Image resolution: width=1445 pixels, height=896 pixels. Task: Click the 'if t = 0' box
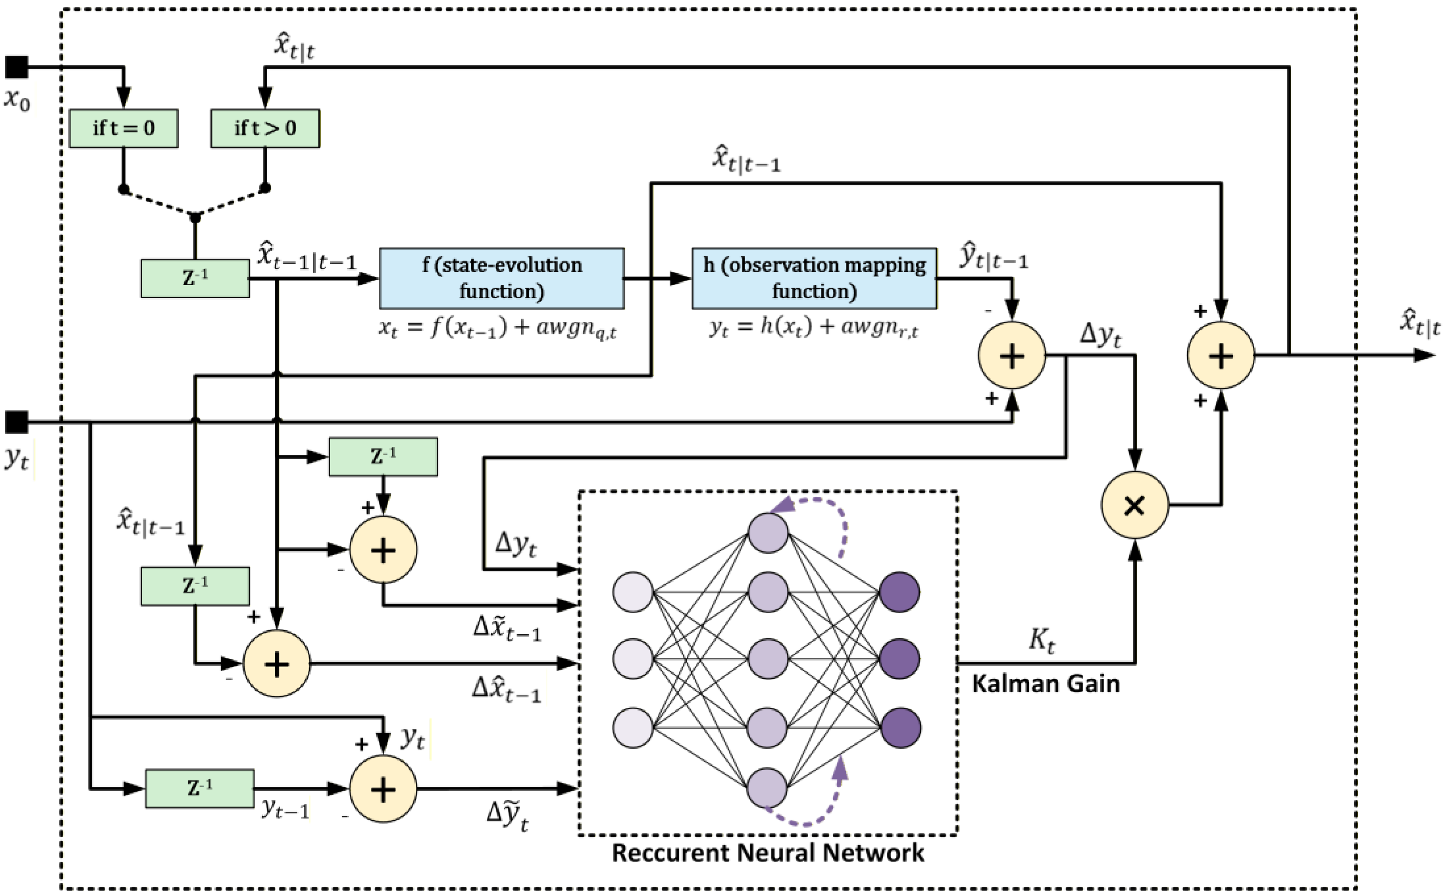click(123, 128)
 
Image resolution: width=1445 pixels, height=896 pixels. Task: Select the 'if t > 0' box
click(265, 128)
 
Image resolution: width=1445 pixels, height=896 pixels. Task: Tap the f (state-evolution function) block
click(501, 278)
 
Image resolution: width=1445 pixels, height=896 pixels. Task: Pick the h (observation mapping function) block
click(814, 278)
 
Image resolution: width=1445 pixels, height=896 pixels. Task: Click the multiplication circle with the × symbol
click(1134, 505)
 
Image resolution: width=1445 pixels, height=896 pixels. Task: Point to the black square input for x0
click(17, 67)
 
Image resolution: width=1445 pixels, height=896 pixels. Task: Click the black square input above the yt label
click(17, 422)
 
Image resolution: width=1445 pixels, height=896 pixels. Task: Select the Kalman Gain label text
click(1045, 683)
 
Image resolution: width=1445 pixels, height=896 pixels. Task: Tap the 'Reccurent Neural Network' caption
click(767, 853)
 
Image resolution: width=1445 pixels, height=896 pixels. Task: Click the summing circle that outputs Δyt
click(1011, 356)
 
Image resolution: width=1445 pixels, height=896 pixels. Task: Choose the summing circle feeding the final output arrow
click(1220, 356)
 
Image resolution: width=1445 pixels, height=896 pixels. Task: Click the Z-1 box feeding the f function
click(195, 278)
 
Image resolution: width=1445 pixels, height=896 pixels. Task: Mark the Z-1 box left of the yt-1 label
click(200, 788)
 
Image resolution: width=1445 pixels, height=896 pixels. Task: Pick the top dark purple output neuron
click(899, 591)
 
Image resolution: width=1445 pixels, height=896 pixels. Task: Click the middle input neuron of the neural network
click(633, 658)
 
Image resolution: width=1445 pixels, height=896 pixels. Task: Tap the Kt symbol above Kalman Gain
click(1042, 640)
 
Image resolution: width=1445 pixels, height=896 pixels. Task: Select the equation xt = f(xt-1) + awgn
click(498, 328)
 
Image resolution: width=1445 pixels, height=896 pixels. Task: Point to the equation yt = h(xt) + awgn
click(814, 328)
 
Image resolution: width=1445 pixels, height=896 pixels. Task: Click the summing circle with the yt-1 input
click(383, 789)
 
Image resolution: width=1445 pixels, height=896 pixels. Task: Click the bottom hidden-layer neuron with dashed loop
click(767, 788)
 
